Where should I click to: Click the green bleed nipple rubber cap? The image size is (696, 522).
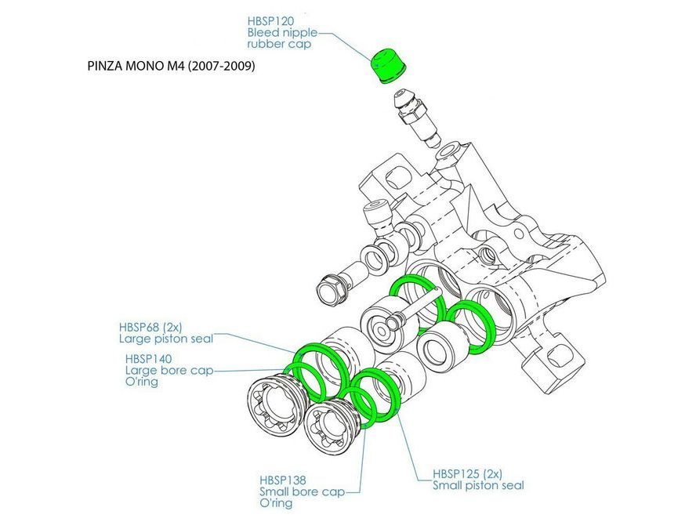pos(385,64)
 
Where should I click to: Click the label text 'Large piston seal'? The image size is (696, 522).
pos(166,339)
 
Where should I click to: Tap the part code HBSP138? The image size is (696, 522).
pos(282,480)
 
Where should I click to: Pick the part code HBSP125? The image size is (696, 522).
pos(456,473)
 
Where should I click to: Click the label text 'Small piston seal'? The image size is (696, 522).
pos(478,485)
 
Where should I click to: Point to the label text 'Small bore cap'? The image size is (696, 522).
pos(302,491)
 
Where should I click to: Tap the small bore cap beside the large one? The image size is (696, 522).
pos(328,429)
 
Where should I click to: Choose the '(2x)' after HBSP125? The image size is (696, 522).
pos(493,473)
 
